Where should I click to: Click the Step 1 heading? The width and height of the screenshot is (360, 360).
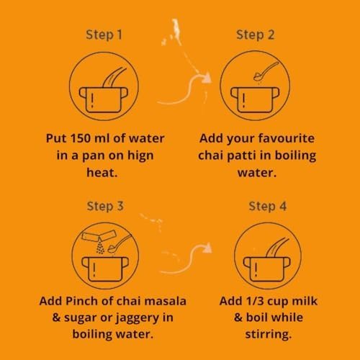(x=104, y=35)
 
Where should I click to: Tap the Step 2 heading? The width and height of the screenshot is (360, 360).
(x=256, y=35)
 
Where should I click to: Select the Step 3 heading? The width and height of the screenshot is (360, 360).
(x=105, y=207)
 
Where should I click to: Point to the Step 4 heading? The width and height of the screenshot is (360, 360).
(x=268, y=207)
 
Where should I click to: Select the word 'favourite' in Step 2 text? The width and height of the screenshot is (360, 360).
(x=286, y=138)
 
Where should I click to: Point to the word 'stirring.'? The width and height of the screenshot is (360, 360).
(x=269, y=334)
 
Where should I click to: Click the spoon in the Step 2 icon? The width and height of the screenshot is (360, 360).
(x=266, y=71)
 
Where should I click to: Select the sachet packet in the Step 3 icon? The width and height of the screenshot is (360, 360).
(x=99, y=236)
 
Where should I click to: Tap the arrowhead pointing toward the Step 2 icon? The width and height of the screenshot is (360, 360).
(x=207, y=78)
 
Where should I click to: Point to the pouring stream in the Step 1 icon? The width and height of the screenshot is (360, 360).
(x=114, y=77)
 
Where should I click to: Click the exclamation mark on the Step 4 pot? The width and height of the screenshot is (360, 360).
(x=256, y=269)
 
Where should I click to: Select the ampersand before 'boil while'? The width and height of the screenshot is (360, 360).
(x=238, y=318)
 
